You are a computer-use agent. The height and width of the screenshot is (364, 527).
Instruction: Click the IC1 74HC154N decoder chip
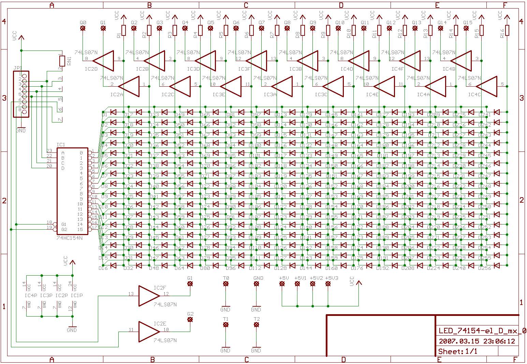coord(72,191)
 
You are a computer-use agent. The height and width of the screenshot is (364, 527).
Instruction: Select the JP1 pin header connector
coord(21,94)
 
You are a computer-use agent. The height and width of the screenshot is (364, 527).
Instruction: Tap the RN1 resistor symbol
coord(62,61)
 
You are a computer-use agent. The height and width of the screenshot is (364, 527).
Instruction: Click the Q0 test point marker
coord(83,28)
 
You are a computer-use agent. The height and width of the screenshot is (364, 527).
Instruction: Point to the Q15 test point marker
coord(466,28)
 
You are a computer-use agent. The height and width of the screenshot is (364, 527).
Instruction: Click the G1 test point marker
coord(190,283)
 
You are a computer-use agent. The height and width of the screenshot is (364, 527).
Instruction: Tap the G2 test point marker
coord(190,320)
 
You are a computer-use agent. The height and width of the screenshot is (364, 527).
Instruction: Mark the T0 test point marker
coord(225,283)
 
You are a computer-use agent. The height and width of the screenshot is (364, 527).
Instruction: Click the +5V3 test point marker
coord(328,283)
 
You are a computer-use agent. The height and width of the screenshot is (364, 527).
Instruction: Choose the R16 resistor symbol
coord(507,30)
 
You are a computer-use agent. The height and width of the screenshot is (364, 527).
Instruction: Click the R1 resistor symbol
coord(123,30)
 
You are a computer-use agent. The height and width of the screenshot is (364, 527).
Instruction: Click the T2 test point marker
coord(257,325)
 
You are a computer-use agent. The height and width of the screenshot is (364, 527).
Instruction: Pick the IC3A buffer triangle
coord(282,86)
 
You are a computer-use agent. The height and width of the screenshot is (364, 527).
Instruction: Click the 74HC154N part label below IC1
coord(70,238)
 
